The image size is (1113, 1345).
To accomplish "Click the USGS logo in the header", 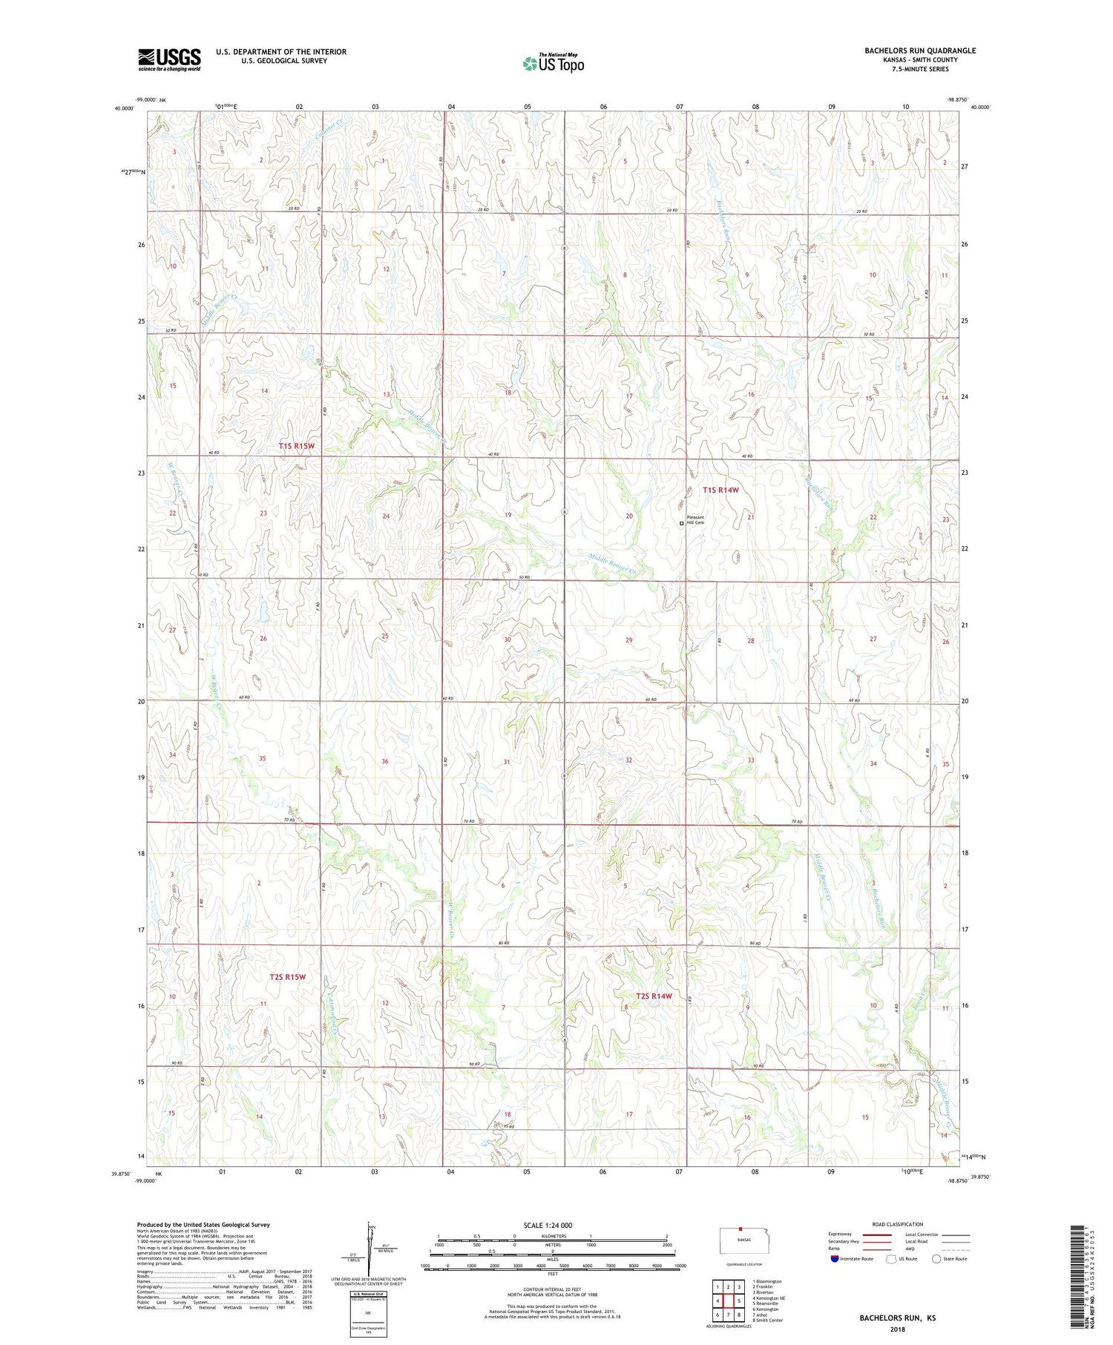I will pyautogui.click(x=169, y=59).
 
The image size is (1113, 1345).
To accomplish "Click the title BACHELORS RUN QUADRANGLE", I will pyautogui.click(x=919, y=50).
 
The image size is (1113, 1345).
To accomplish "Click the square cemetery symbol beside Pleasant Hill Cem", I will pyautogui.click(x=681, y=523).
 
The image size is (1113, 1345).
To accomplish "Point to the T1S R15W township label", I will pyautogui.click(x=297, y=446).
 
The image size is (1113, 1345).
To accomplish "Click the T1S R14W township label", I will pyautogui.click(x=721, y=490).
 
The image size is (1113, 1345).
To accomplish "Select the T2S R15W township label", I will pyautogui.click(x=288, y=977).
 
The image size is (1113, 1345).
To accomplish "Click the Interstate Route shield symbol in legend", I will pyautogui.click(x=835, y=1259).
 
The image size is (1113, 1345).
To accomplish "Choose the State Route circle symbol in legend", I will pyautogui.click(x=936, y=1259).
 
